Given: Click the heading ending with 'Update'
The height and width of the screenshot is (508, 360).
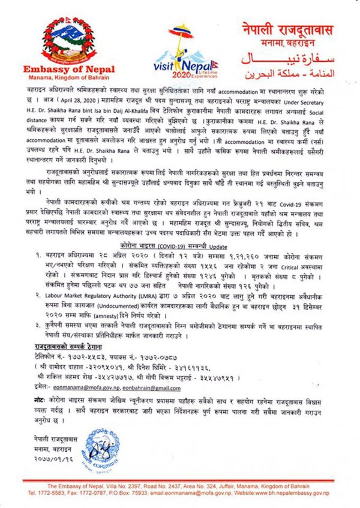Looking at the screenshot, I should pyautogui.click(x=180, y=246).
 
